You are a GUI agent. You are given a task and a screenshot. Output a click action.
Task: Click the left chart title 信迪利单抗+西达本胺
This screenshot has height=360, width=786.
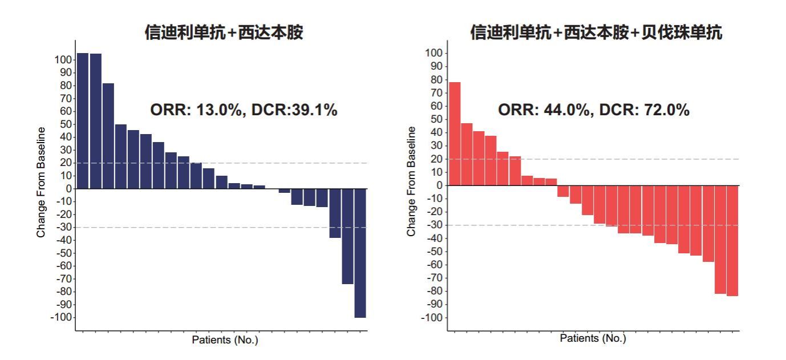(224, 33)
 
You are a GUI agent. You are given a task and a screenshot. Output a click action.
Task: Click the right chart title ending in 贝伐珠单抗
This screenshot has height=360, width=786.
(596, 33)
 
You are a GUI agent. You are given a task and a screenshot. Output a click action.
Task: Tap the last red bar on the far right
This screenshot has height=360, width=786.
(732, 240)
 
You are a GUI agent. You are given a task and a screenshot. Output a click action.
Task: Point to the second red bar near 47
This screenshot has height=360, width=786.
(467, 154)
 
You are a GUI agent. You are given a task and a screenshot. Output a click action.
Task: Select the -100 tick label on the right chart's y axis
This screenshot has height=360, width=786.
(431, 318)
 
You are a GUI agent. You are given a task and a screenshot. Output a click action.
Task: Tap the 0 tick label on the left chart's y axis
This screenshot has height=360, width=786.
(68, 188)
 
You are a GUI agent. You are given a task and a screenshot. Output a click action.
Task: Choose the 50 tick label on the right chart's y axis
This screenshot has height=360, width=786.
(436, 119)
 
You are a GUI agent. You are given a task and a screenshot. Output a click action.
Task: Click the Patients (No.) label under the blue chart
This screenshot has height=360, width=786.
(225, 340)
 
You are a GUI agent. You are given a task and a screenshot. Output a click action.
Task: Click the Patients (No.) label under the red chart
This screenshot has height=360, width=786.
(593, 338)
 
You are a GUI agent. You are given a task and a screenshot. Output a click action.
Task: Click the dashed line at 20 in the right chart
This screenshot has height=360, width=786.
(627, 159)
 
